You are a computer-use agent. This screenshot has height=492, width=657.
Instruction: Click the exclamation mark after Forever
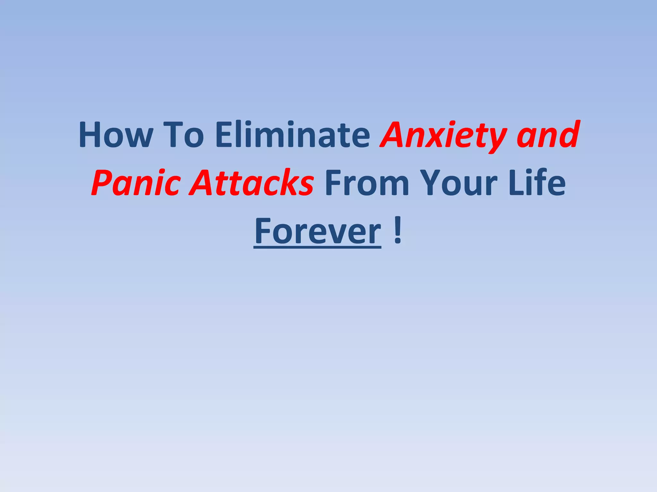click(x=398, y=231)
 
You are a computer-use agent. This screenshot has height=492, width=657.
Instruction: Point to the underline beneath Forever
click(x=318, y=247)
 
